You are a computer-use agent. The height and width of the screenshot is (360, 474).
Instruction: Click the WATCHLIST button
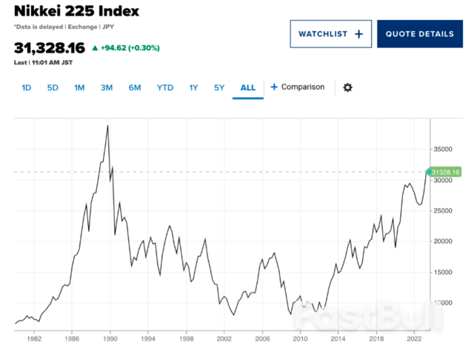(x=330, y=34)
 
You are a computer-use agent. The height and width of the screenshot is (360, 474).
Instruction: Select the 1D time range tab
(x=27, y=87)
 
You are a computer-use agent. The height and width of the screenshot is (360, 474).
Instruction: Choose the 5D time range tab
(x=53, y=87)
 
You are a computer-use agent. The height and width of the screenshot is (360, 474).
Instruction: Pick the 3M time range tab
(x=107, y=87)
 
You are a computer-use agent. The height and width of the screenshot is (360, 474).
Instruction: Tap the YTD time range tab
(x=165, y=87)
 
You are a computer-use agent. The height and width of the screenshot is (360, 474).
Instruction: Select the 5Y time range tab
(x=219, y=87)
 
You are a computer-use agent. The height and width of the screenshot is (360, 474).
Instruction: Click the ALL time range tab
(x=247, y=87)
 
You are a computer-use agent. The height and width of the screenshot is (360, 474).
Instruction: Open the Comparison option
(x=297, y=87)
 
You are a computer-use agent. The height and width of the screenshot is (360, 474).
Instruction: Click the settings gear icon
(x=347, y=87)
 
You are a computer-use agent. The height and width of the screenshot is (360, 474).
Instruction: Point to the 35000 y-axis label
(x=444, y=148)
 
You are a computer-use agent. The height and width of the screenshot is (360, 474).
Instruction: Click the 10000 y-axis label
(x=444, y=302)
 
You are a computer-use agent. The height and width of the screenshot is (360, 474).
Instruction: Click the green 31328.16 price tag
(x=445, y=173)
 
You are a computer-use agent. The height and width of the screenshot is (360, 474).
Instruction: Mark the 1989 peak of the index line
(x=108, y=126)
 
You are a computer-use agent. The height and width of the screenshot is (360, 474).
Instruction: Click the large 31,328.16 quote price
(x=49, y=48)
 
